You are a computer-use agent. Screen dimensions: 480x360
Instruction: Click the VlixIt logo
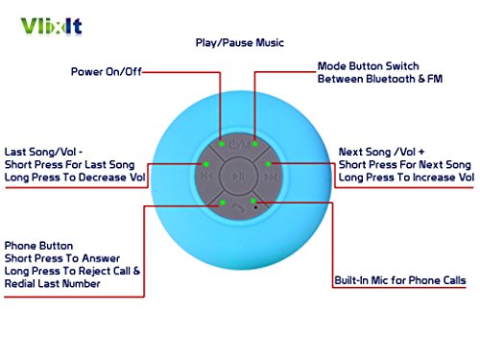pyautogui.click(x=51, y=26)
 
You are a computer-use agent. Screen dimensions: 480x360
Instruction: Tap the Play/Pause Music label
pyautogui.click(x=240, y=43)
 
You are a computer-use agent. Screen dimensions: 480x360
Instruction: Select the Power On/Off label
pyautogui.click(x=107, y=72)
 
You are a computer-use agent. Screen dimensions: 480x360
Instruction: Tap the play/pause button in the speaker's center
pyautogui.click(x=239, y=176)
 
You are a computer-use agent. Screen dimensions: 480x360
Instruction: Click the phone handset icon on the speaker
pyautogui.click(x=238, y=208)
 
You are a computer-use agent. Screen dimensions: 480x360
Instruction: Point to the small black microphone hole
pyautogui.click(x=255, y=207)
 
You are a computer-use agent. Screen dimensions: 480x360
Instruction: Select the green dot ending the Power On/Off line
pyautogui.click(x=222, y=144)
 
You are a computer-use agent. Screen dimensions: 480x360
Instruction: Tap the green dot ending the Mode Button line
pyautogui.click(x=255, y=144)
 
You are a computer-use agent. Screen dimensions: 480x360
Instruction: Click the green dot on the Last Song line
pyautogui.click(x=206, y=164)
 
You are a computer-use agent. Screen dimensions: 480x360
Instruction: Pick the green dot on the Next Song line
pyautogui.click(x=268, y=164)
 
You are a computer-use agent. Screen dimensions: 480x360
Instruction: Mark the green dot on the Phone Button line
pyautogui.click(x=223, y=203)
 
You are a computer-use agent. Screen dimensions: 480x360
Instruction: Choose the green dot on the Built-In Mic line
pyautogui.click(x=253, y=201)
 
